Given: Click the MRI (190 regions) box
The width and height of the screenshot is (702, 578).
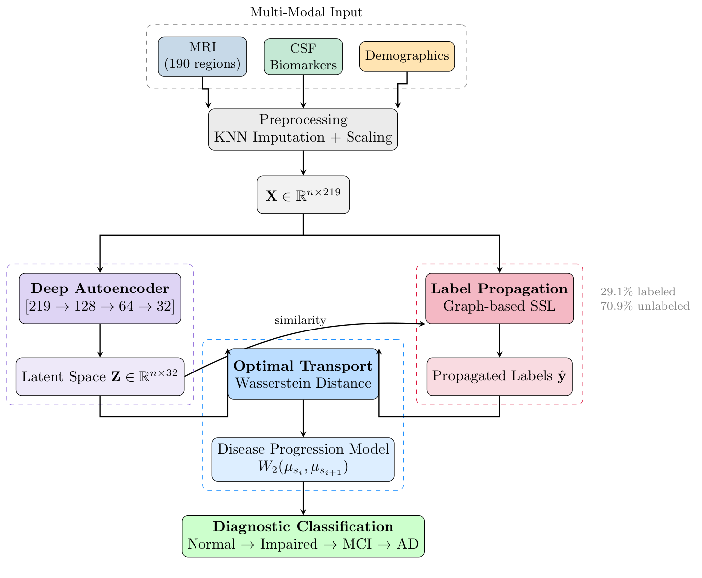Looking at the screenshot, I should coord(202,56).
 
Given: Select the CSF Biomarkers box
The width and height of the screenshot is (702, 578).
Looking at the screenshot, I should coord(303,56).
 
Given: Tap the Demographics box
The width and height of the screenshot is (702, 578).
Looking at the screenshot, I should coord(407,56).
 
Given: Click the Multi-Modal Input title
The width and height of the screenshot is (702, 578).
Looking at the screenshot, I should coord(306,12).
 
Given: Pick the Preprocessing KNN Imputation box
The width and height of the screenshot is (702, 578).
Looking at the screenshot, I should coord(303,129).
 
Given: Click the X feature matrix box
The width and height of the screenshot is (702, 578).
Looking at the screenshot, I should coord(303,195).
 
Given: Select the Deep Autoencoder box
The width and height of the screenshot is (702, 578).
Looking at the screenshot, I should coord(100,298).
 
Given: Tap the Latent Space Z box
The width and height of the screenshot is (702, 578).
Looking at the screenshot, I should coord(100,376).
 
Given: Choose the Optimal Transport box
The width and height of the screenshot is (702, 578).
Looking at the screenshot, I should coord(303,374).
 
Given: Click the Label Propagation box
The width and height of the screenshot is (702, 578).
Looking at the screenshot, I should coord(500,298).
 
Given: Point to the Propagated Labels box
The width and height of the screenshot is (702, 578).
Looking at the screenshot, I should coord(500,376).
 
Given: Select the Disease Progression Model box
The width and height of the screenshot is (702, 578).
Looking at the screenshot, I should coord(303,459).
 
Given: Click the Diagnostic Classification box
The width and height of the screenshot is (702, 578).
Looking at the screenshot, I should coord(303,536).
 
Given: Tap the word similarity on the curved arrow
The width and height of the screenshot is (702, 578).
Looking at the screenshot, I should coord(300,320).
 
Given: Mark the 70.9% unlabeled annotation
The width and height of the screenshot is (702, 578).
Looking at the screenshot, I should coord(645,306).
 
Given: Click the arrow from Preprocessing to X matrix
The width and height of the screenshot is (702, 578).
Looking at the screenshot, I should coord(303,163).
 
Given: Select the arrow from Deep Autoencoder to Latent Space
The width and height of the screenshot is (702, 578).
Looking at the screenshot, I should coord(100,340).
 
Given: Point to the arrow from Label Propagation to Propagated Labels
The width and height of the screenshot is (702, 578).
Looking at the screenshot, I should coord(500,340).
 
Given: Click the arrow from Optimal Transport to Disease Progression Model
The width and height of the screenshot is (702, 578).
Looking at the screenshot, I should coord(303,418).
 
